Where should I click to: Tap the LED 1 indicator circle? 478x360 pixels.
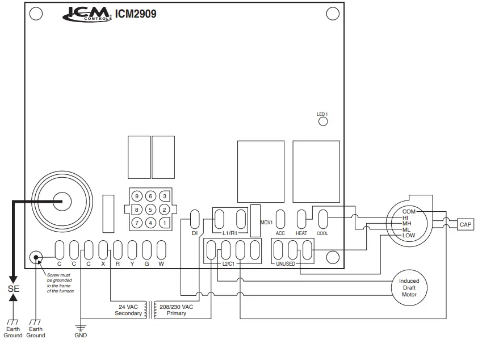(322, 122)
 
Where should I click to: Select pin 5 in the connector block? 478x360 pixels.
(150, 210)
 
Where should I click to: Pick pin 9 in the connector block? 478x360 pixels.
(137, 196)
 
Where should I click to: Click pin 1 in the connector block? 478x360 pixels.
(164, 223)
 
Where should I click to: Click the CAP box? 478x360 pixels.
(466, 225)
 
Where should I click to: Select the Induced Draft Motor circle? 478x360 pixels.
(409, 287)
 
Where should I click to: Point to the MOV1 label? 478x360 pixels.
(266, 223)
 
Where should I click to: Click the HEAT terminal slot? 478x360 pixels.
(301, 219)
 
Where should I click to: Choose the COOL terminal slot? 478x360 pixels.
(322, 219)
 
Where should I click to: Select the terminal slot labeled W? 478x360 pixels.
(161, 250)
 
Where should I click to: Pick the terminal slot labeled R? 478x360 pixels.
(118, 250)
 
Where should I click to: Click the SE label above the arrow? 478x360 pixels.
(14, 288)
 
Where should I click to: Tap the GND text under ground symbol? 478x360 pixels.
(81, 335)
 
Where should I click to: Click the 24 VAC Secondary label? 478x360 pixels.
(128, 310)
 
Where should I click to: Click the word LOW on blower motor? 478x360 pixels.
(409, 235)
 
